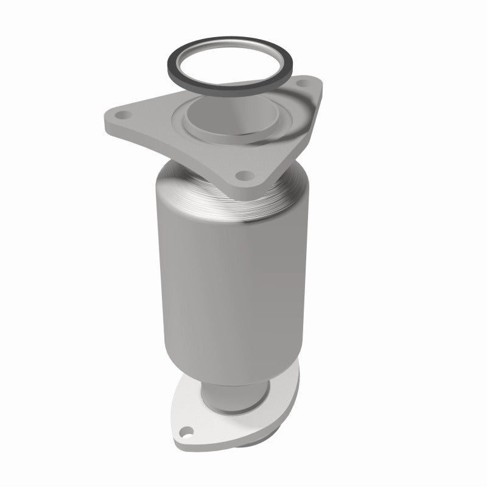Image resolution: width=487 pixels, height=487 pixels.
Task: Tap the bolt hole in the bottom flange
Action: pyautogui.click(x=185, y=434)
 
